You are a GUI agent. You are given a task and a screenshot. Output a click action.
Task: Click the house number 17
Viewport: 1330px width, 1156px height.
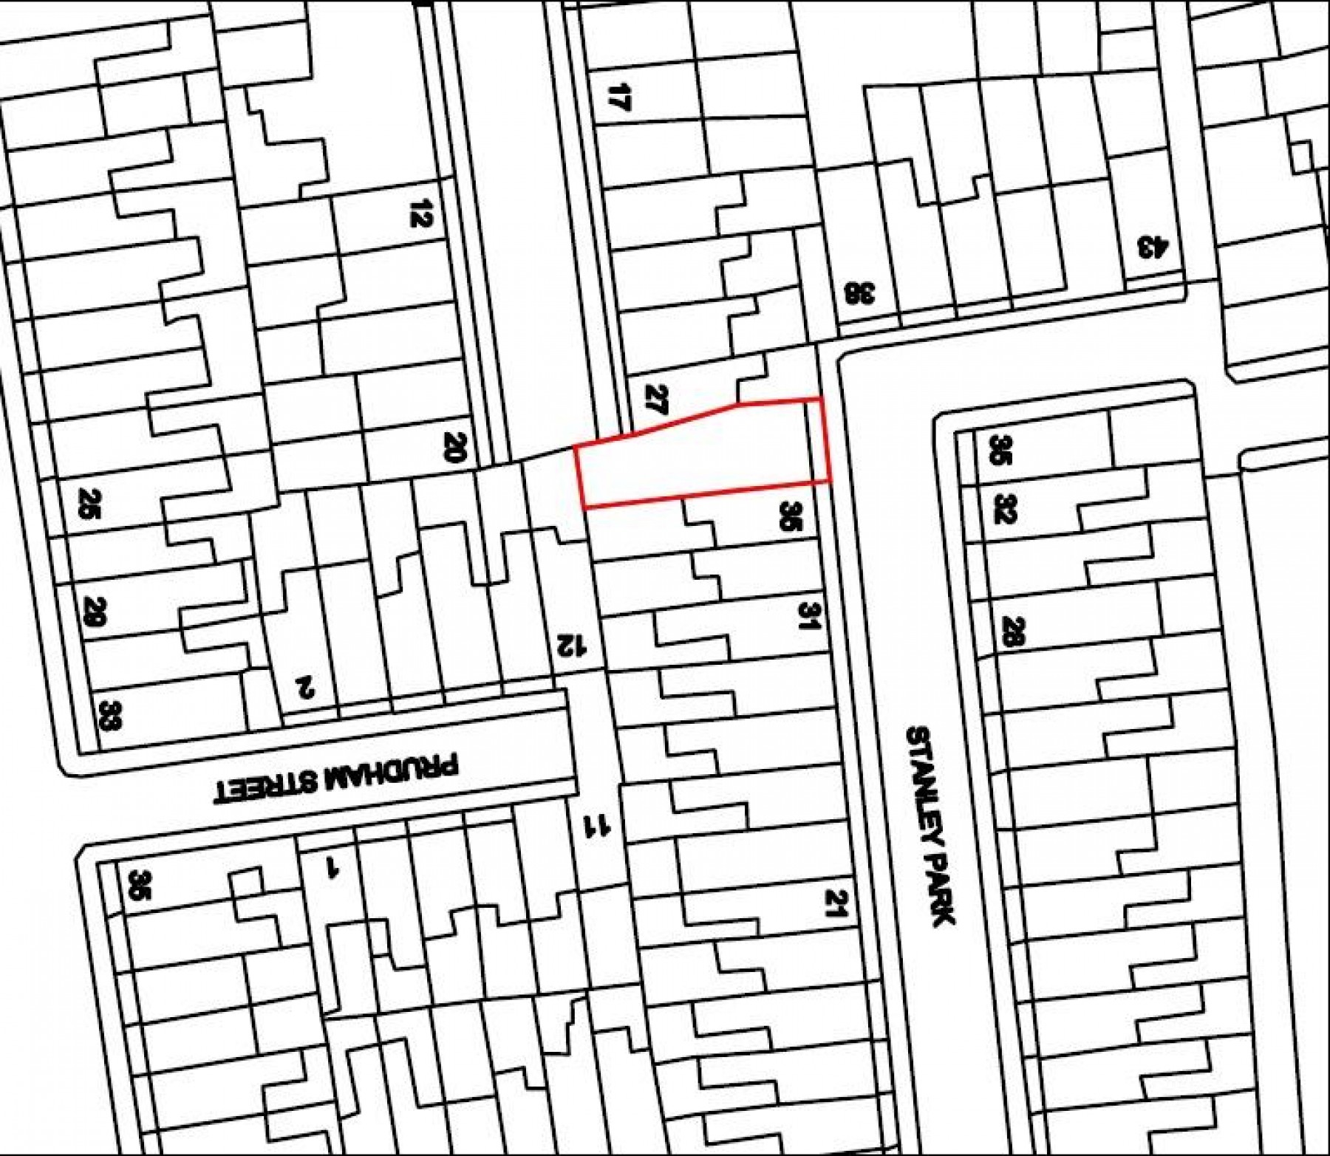[x=619, y=97]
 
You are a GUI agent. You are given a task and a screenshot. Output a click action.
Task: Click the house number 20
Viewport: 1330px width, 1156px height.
[x=455, y=447]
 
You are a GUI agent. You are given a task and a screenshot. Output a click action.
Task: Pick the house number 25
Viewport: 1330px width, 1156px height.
[x=89, y=505]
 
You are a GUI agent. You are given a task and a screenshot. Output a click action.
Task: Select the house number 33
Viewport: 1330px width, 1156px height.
[x=109, y=715]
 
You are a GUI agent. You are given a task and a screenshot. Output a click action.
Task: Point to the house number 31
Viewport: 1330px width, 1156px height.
[x=810, y=615]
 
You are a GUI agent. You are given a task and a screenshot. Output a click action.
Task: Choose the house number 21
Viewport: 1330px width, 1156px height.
[x=836, y=903]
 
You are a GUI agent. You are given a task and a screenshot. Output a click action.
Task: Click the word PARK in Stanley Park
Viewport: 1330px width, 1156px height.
[x=941, y=891]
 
